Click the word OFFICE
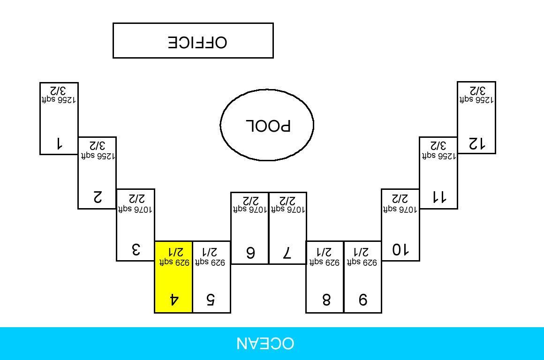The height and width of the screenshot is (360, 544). pyautogui.click(x=197, y=42)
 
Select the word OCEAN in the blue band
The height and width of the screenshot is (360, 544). pyautogui.click(x=265, y=344)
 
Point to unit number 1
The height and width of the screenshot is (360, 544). pyautogui.click(x=59, y=143)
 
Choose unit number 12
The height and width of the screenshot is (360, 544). pyautogui.click(x=476, y=143)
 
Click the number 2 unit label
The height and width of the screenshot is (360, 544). pyautogui.click(x=98, y=197)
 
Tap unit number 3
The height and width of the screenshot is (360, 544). pyautogui.click(x=136, y=249)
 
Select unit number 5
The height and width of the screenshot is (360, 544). pyautogui.click(x=211, y=300)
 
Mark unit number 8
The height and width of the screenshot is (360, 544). pyautogui.click(x=326, y=300)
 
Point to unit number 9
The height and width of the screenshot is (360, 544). pyautogui.click(x=363, y=300)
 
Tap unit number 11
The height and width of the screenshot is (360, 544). pyautogui.click(x=438, y=197)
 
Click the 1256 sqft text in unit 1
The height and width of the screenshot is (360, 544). pyautogui.click(x=59, y=100)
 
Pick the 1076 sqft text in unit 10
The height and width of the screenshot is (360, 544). pyautogui.click(x=400, y=210)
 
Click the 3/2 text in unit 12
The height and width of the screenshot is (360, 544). pyautogui.click(x=476, y=90)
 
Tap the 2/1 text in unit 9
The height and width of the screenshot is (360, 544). pyautogui.click(x=362, y=252)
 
